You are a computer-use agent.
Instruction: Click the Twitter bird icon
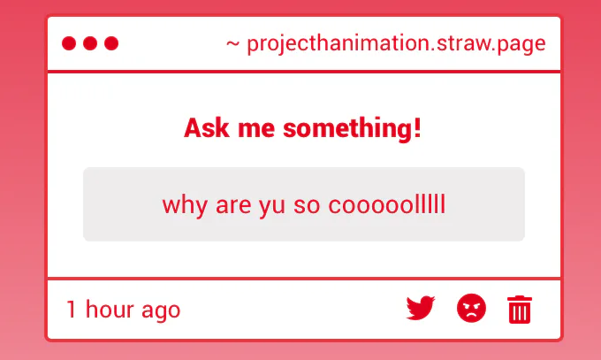tap(421, 308)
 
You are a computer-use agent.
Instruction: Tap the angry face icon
tap(471, 308)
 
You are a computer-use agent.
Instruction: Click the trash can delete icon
tap(520, 310)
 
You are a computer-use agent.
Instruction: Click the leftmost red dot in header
tap(69, 43)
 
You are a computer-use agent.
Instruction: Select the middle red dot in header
tap(90, 43)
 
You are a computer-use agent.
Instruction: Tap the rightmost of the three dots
tap(111, 43)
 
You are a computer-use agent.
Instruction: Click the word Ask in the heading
tap(207, 127)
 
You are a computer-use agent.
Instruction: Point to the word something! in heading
tap(353, 128)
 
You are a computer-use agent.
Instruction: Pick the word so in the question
tap(307, 207)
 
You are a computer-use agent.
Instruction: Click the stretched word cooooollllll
tap(387, 204)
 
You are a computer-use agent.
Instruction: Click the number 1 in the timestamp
tap(72, 310)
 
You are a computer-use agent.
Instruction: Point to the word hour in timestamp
tap(110, 309)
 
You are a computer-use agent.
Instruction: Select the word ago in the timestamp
tap(161, 311)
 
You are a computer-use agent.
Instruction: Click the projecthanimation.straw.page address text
tap(396, 43)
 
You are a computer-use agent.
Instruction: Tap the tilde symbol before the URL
tap(232, 44)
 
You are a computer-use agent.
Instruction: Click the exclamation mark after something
tap(417, 127)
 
